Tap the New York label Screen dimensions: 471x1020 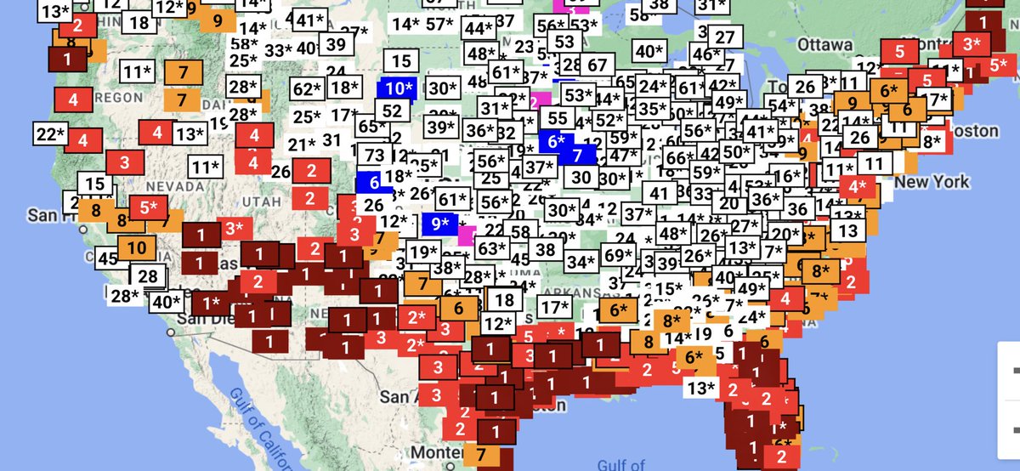coord(931,181)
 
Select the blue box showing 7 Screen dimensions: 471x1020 coord(578,155)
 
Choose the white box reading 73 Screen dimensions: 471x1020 coord(374,155)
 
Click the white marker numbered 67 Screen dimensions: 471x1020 coord(598,65)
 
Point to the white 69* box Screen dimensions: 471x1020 coord(619,254)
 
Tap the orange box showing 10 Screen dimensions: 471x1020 coord(137,248)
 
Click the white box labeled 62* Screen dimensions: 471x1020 coord(307,88)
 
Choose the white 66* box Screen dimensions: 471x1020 coord(677,158)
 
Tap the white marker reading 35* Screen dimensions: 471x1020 coord(652,109)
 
